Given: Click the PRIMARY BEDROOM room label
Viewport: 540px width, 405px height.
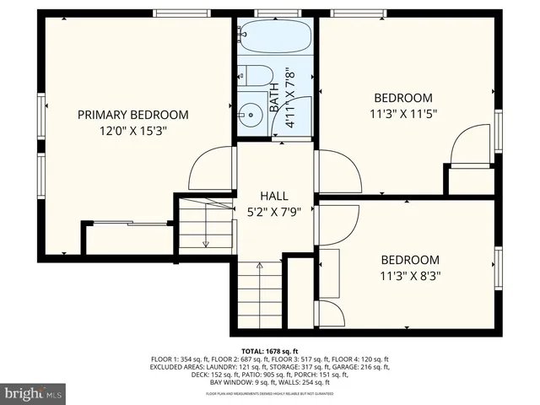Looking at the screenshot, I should (133, 115).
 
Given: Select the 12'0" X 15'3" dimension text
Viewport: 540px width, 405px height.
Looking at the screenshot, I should (133, 131).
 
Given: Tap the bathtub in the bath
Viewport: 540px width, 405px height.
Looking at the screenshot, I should (275, 38).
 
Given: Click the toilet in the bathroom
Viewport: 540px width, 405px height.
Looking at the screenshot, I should (254, 75).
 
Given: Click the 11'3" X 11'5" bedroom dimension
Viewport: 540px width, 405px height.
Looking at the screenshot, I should (403, 113).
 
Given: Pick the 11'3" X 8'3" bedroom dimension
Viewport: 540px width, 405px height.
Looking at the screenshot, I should (410, 275).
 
